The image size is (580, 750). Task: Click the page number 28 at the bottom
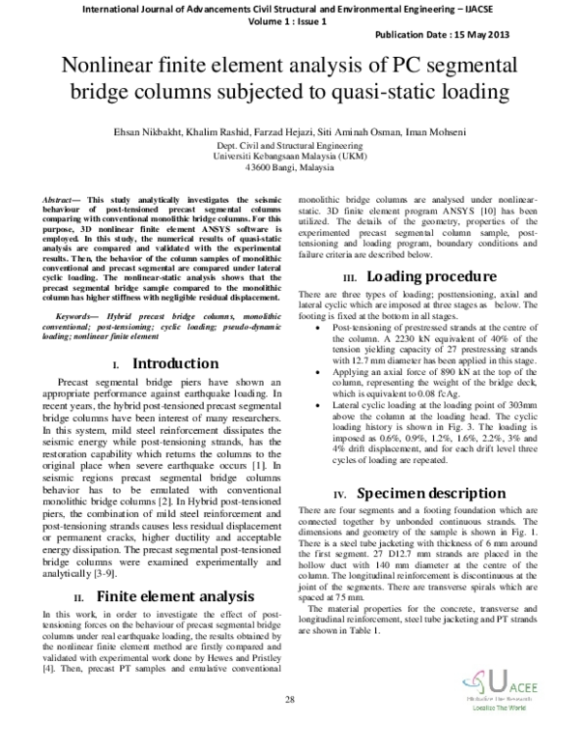point(289,699)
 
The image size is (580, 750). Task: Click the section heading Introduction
point(174,363)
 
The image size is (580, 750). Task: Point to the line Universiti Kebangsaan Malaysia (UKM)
point(289,155)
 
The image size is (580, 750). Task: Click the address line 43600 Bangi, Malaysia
point(289,166)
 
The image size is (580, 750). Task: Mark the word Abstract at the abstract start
point(63,197)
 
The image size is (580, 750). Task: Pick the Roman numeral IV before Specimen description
point(340,494)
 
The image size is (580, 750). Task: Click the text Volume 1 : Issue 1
point(289,19)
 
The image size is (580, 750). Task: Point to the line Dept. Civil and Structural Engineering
point(289,143)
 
